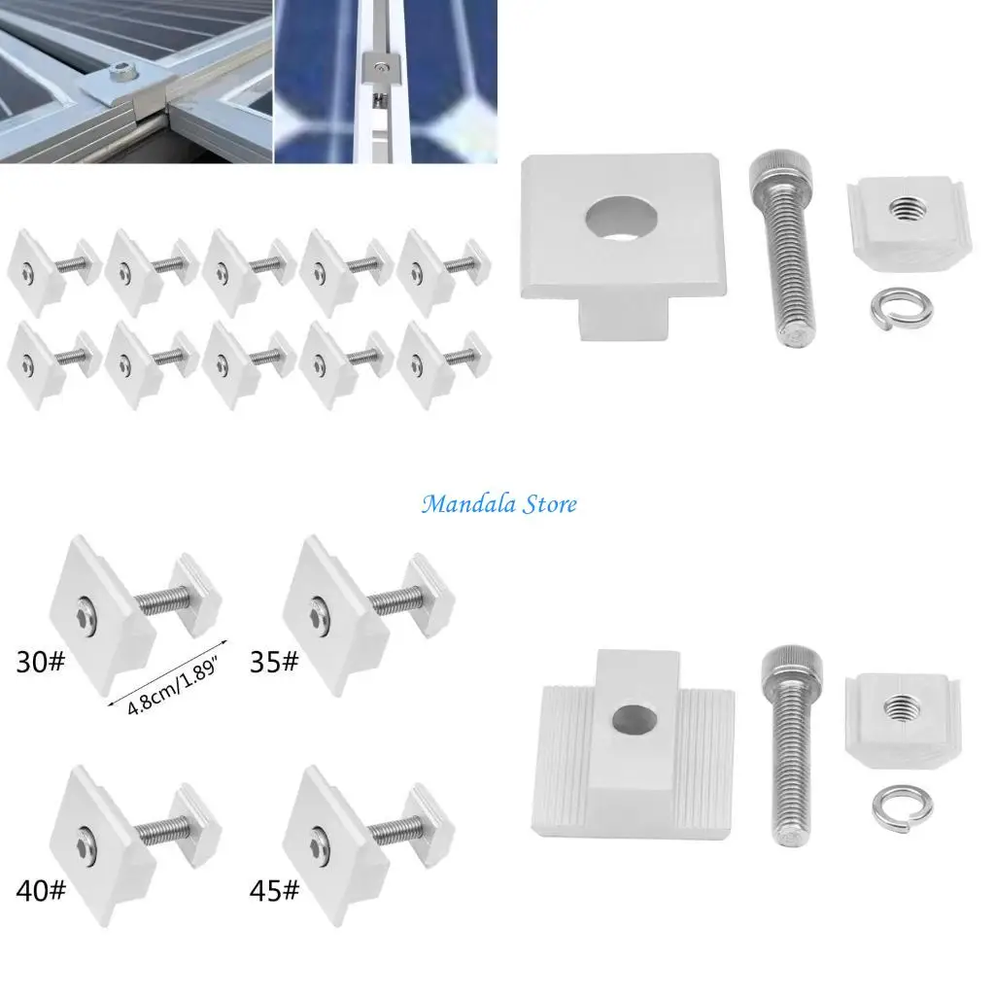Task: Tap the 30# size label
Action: [41, 663]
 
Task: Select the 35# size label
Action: [275, 663]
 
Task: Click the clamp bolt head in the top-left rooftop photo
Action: [121, 74]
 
